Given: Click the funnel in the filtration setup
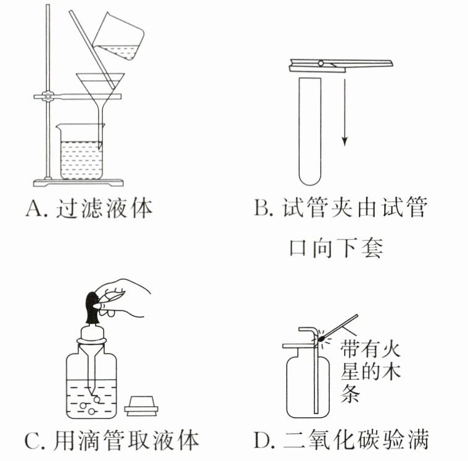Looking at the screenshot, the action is [100, 86].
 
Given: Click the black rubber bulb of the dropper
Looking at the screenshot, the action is [93, 308].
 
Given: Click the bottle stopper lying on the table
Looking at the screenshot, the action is [143, 406].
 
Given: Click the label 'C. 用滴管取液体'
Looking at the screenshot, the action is [112, 440].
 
